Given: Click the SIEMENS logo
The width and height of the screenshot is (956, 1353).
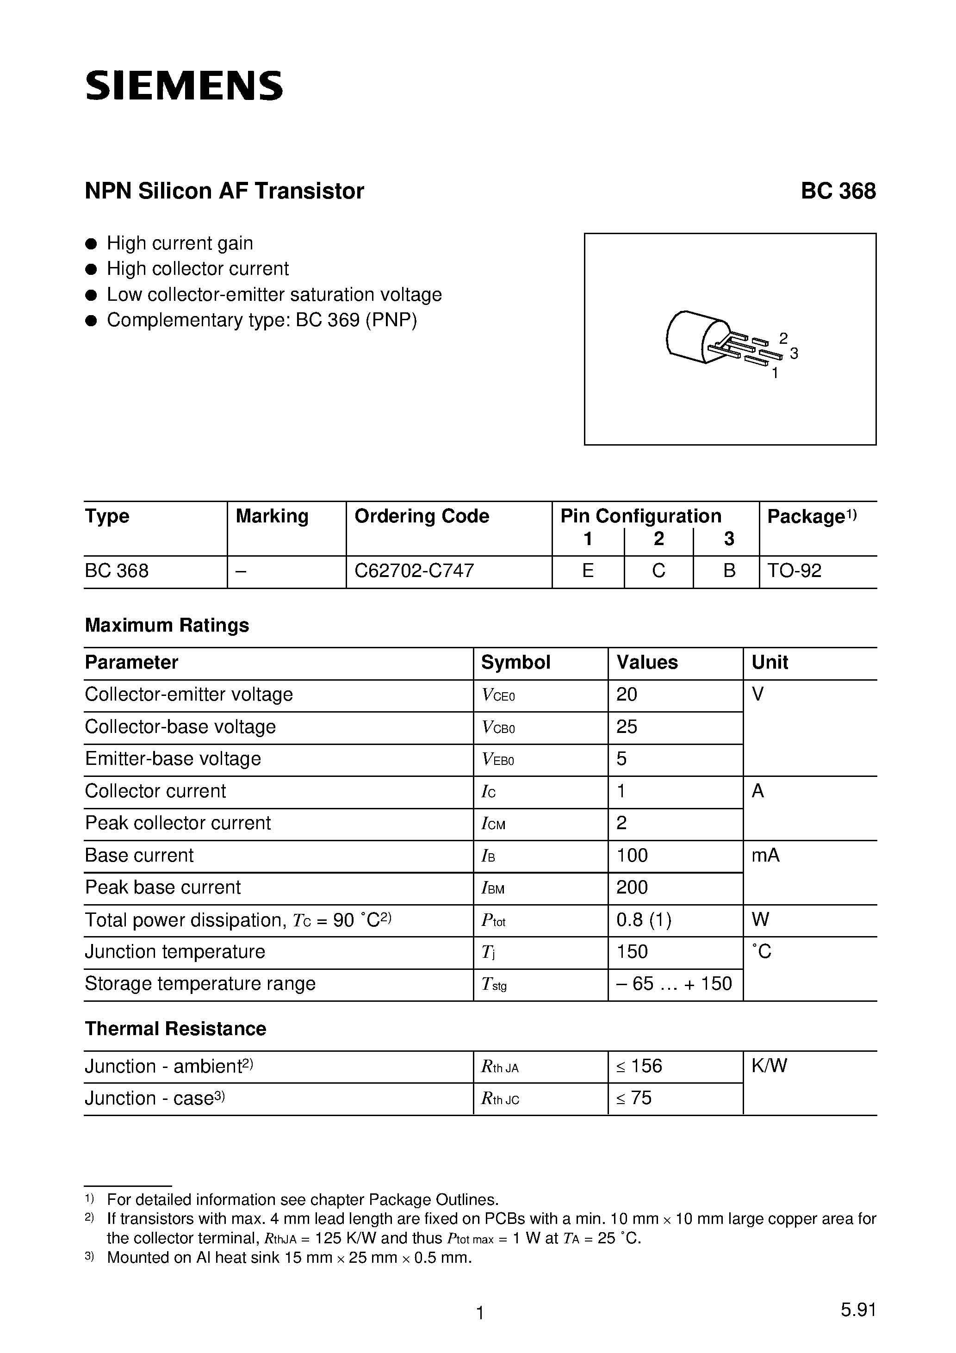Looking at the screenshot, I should tap(184, 86).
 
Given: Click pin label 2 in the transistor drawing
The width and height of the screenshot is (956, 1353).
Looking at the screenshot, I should tap(783, 338).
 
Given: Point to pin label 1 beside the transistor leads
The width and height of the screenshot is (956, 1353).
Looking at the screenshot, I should tap(775, 373).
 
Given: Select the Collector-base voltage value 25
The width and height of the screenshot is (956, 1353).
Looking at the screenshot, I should tap(627, 726).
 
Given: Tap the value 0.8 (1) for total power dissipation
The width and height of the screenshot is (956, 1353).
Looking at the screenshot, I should tap(644, 919).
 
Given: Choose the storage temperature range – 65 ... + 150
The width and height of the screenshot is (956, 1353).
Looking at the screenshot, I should tap(674, 984).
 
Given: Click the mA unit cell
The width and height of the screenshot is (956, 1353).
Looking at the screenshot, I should tap(765, 855).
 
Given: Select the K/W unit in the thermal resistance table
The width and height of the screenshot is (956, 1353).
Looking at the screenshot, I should tap(769, 1066).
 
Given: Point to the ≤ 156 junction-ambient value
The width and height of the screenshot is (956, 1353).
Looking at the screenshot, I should tap(639, 1066).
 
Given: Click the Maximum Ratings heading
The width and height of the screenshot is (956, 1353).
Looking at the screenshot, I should tap(167, 625).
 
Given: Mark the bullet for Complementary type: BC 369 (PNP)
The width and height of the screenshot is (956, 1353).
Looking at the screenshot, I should tap(91, 321).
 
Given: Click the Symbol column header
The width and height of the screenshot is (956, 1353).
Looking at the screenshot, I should tap(515, 662).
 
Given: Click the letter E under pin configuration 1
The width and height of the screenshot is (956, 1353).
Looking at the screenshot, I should tap(588, 571).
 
